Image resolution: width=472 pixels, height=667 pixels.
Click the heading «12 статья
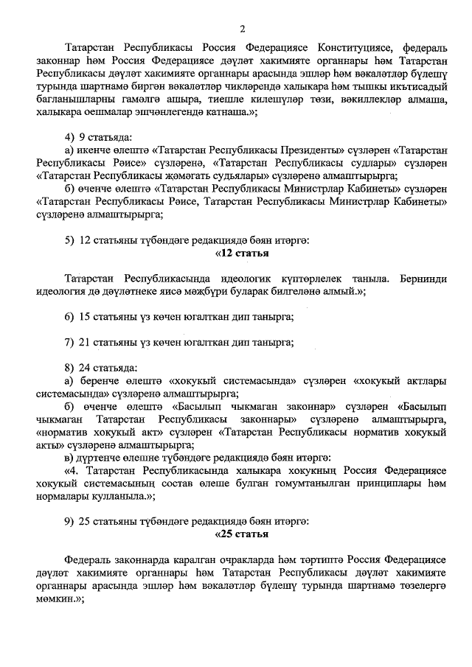click(240, 253)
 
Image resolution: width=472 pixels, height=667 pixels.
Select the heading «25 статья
click(240, 534)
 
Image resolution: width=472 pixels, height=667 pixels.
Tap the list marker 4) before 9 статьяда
click(70, 138)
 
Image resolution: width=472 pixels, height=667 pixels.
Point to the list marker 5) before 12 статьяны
click(69, 240)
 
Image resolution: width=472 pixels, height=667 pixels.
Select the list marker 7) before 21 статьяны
click(69, 341)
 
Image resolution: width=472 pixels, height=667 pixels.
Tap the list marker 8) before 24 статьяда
click(69, 367)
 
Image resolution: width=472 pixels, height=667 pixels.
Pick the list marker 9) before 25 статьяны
click(69, 521)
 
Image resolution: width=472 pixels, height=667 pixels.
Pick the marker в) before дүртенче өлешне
click(70, 457)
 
